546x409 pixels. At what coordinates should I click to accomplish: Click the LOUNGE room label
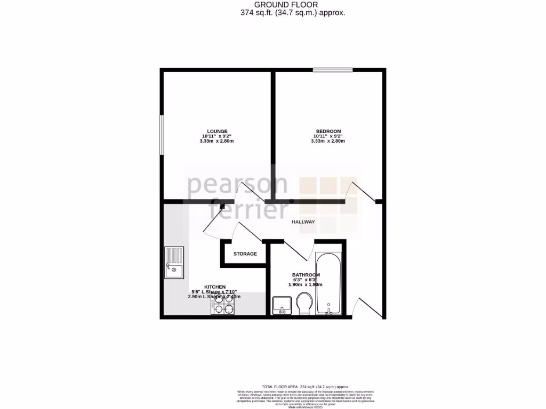tap(218, 131)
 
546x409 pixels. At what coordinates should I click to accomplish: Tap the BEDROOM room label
tap(328, 131)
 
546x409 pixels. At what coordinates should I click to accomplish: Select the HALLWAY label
tap(303, 222)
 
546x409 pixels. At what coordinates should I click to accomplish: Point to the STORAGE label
tap(245, 254)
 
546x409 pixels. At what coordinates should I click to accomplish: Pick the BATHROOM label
tap(306, 274)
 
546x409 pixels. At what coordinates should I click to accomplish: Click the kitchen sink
tap(174, 263)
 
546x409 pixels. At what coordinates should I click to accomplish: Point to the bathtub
tap(328, 284)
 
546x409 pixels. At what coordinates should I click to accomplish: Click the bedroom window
tap(333, 69)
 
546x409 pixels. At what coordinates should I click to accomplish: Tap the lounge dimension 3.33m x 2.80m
tap(216, 141)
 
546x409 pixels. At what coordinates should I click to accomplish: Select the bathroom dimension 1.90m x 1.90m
tap(306, 285)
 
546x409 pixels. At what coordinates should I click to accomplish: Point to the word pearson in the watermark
tap(237, 185)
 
